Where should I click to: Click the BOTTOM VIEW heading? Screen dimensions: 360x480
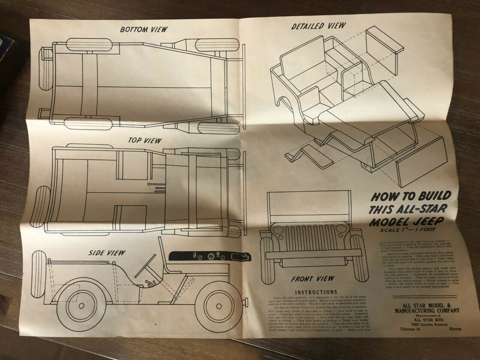coord(143,30)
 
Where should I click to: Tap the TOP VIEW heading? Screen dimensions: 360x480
coord(145,140)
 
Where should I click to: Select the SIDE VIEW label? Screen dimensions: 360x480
coord(107,253)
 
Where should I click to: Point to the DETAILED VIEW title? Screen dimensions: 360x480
coord(318,26)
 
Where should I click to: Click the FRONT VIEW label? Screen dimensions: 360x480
coord(309,279)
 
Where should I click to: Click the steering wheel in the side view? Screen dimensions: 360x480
coord(145,266)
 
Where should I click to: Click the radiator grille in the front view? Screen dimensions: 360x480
coord(309,238)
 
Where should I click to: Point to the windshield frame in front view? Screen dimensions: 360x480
coord(309,206)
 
